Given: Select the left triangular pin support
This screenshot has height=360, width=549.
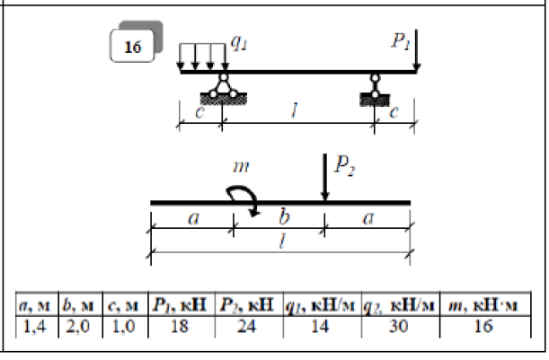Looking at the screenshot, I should [x=221, y=87].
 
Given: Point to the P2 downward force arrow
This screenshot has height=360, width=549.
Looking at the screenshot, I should [x=324, y=179].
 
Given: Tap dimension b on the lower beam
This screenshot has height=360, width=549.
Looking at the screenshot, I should [x=279, y=218].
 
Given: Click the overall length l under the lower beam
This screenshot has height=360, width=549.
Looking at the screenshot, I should [x=280, y=245].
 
